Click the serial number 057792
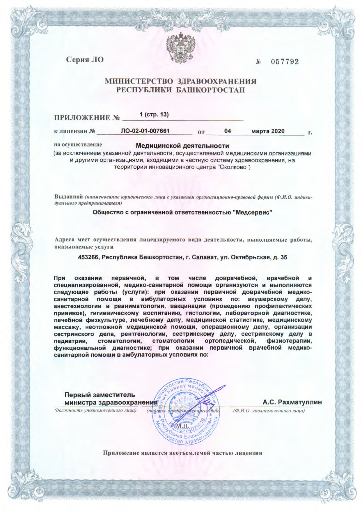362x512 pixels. click(x=285, y=62)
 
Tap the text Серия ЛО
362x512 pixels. click(x=85, y=60)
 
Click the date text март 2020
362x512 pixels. click(x=268, y=131)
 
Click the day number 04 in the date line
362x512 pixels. click(x=228, y=131)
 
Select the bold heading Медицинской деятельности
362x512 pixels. click(x=182, y=146)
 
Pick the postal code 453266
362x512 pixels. click(x=89, y=257)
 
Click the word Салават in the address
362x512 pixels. click(x=202, y=257)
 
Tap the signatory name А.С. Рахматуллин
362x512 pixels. click(x=292, y=402)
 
